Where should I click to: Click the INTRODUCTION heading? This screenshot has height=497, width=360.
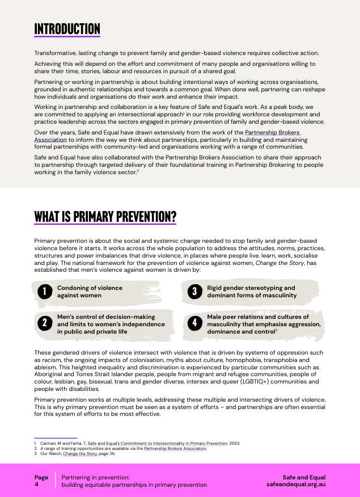(x=67, y=29)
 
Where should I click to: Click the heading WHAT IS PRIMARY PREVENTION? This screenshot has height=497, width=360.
(x=105, y=217)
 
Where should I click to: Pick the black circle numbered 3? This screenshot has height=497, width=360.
(x=194, y=292)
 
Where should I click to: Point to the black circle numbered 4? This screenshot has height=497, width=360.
(x=194, y=323)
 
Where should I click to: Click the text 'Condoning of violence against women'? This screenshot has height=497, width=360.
(x=89, y=292)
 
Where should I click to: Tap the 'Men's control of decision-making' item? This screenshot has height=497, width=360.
(x=111, y=324)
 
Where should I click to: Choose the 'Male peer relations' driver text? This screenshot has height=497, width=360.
(x=263, y=324)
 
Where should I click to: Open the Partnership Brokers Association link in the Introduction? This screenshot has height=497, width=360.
(x=272, y=132)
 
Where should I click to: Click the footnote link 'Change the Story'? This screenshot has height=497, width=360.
(x=78, y=453)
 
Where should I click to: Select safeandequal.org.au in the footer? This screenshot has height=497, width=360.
(x=295, y=485)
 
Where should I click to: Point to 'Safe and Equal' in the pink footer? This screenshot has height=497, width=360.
(x=304, y=478)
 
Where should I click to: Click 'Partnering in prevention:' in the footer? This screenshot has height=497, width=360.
(x=95, y=478)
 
